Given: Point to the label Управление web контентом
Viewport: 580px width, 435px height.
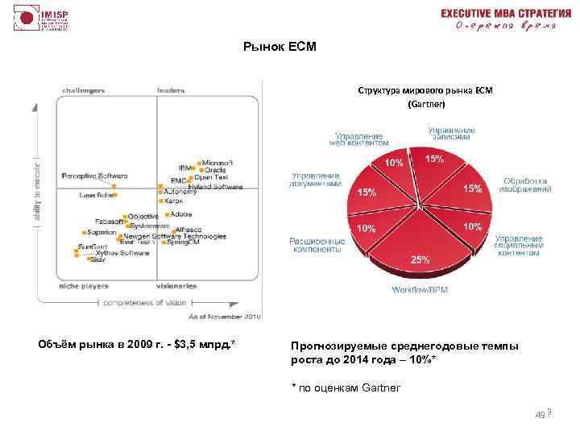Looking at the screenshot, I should point(358,138).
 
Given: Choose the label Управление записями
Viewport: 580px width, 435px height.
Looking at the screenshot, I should point(451,132).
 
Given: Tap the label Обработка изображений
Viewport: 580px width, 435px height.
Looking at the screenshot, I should point(526,185).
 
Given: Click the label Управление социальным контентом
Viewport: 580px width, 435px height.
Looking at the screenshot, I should point(519,246).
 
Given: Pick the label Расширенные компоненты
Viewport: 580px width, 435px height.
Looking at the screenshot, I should point(317,245).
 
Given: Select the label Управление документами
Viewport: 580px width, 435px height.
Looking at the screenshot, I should point(316,179).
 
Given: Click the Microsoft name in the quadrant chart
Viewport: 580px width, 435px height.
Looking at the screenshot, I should point(217,162).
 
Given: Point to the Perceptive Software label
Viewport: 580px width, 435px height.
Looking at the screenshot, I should point(95,176).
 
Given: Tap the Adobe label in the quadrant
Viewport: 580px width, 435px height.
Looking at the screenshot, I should point(181,214).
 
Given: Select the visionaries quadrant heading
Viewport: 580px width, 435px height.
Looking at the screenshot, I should point(176,286).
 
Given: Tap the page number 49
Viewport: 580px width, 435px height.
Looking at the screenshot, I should point(540,414).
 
